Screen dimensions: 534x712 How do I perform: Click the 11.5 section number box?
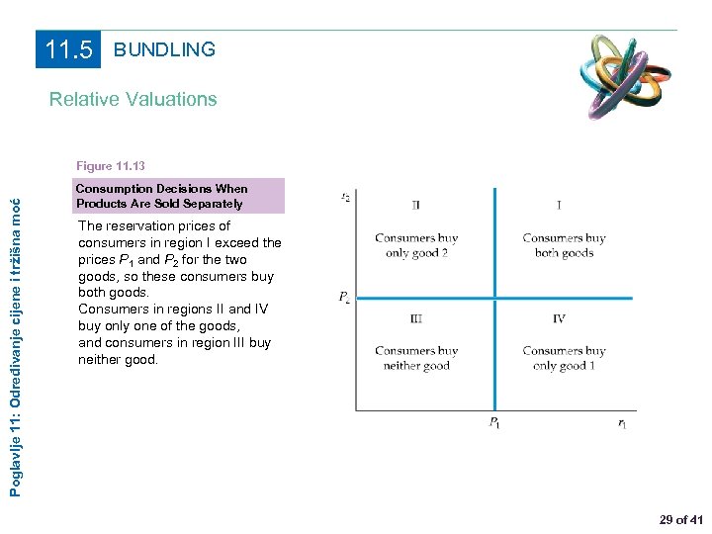(68, 49)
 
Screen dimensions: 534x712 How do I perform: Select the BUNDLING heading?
(164, 49)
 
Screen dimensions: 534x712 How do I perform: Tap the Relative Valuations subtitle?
(133, 99)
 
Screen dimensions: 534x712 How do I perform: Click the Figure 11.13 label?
(110, 166)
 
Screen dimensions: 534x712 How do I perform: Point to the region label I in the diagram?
(559, 206)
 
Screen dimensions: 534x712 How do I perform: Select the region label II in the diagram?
(416, 206)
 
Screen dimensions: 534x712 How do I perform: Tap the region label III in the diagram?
(416, 318)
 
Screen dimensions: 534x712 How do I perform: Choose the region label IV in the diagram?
(559, 318)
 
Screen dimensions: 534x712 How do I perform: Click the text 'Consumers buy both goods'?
(564, 245)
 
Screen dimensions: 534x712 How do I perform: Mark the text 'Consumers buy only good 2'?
(416, 245)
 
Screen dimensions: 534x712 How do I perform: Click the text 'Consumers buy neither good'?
(416, 358)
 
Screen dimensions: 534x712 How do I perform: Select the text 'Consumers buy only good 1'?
(564, 358)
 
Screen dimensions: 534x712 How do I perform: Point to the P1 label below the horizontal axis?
(493, 423)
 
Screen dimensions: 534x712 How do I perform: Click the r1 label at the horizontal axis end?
(621, 423)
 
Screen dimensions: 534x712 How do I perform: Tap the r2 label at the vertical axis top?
(344, 197)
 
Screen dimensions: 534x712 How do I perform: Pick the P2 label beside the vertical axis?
(343, 297)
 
